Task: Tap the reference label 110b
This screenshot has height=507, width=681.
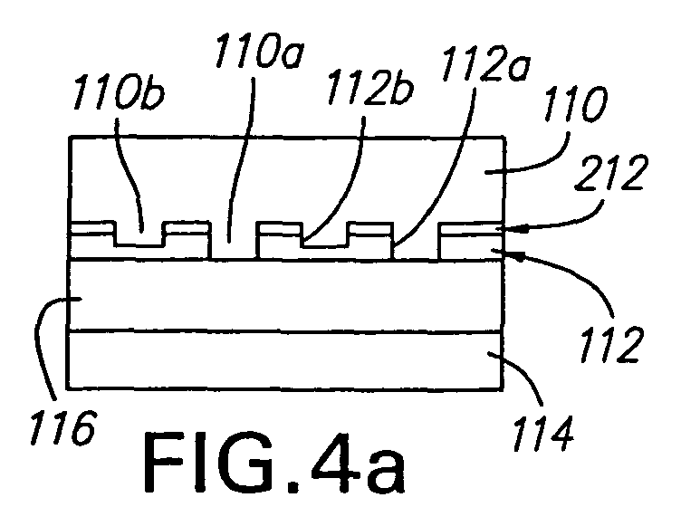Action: pyautogui.click(x=119, y=92)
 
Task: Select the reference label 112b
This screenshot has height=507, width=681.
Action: pyautogui.click(x=370, y=88)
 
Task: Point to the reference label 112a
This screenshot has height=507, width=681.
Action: pyautogui.click(x=485, y=64)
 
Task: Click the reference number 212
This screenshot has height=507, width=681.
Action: pyautogui.click(x=611, y=172)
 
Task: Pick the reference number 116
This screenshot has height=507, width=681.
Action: pyautogui.click(x=62, y=426)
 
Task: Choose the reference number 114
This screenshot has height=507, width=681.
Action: pyautogui.click(x=542, y=433)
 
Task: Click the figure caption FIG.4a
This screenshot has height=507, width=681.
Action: pyautogui.click(x=274, y=464)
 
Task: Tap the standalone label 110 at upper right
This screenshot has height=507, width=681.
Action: pyautogui.click(x=575, y=104)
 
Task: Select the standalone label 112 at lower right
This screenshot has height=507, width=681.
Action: pyautogui.click(x=609, y=344)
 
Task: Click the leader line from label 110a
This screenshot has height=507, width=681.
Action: pyautogui.click(x=242, y=159)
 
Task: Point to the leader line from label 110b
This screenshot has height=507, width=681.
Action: pyautogui.click(x=129, y=174)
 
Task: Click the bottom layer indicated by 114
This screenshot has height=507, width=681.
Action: pyautogui.click(x=285, y=360)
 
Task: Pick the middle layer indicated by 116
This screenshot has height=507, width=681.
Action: pyautogui.click(x=285, y=296)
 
